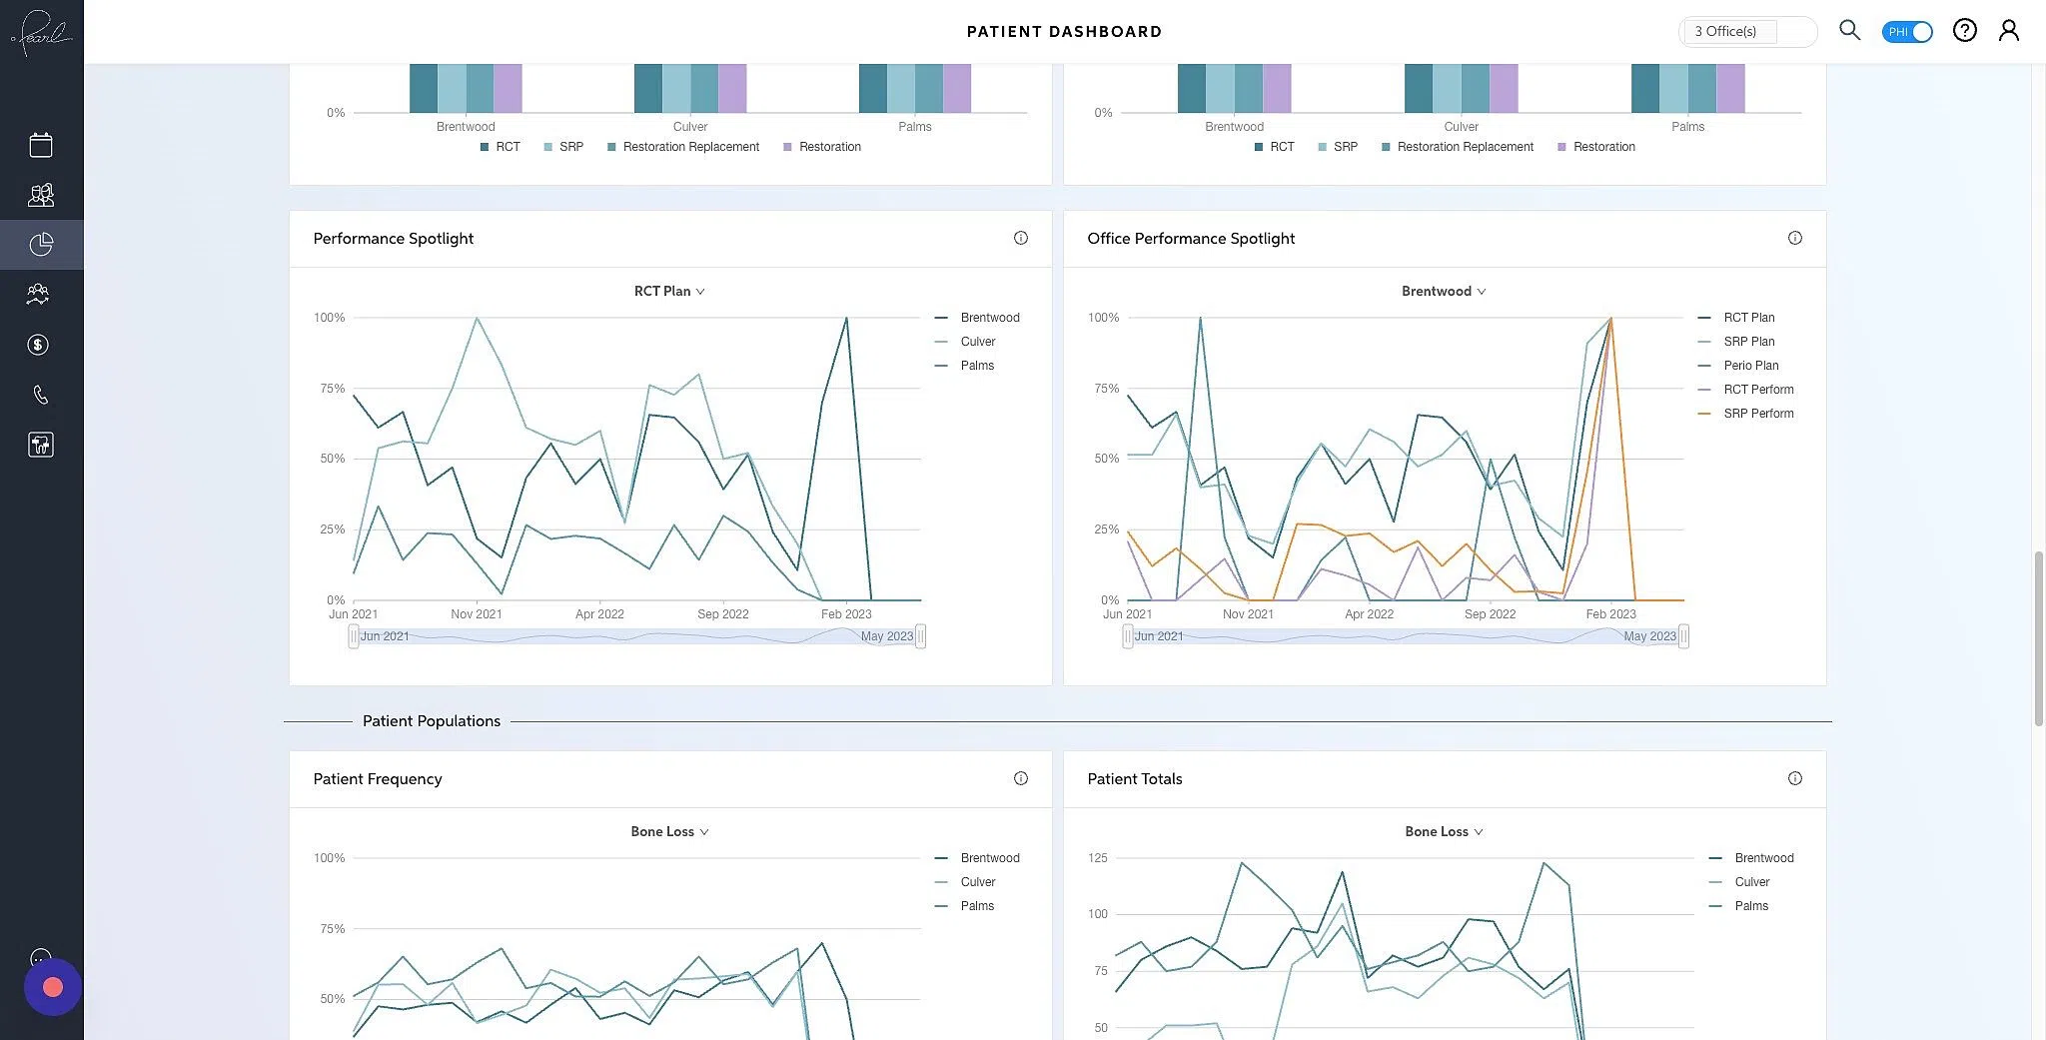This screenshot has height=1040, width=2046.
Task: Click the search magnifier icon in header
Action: click(x=1849, y=30)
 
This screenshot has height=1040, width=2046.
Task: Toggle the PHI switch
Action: click(x=1906, y=31)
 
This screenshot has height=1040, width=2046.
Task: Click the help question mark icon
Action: click(x=1964, y=30)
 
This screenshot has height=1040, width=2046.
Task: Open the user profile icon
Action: click(x=2008, y=30)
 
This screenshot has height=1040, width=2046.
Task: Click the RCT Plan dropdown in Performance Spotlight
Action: click(x=668, y=291)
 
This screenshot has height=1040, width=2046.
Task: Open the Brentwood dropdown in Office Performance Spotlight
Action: click(x=1443, y=291)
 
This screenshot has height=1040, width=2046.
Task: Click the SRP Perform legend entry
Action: click(x=1757, y=414)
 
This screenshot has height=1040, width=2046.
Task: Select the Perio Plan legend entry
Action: click(x=1749, y=366)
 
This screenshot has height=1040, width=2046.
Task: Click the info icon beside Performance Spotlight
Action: click(x=1020, y=238)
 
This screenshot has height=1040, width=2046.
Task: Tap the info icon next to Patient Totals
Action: click(x=1794, y=778)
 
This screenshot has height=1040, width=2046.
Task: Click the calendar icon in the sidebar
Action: click(x=41, y=145)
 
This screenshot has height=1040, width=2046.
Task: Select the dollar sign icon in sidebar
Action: click(x=38, y=345)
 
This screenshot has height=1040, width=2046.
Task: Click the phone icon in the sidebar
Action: click(x=40, y=395)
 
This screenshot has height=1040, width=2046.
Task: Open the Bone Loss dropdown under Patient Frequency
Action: click(x=668, y=831)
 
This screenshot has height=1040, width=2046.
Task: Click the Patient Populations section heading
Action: click(x=431, y=721)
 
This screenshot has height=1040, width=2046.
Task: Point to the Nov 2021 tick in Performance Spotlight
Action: click(x=476, y=614)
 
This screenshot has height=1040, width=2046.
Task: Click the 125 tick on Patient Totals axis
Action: click(x=1097, y=858)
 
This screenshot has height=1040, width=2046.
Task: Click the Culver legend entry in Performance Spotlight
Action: click(x=977, y=342)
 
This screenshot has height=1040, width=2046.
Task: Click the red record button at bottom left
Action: click(x=53, y=987)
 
